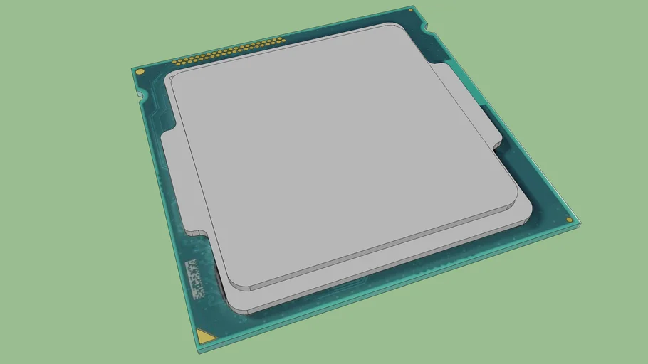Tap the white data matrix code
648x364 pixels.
[193, 277]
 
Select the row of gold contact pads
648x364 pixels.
[229, 50]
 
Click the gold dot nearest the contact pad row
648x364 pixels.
[140, 72]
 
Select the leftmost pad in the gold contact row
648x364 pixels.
[174, 62]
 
